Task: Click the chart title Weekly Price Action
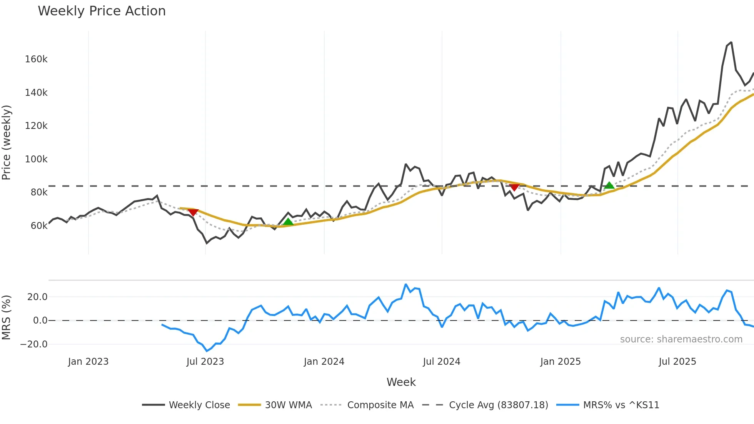[x=102, y=11]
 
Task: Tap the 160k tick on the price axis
[x=36, y=59]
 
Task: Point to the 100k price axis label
[x=36, y=159]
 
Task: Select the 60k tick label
[x=39, y=226]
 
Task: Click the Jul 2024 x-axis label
[x=441, y=362]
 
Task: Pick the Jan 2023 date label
[x=88, y=362]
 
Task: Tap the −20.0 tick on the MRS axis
[x=34, y=344]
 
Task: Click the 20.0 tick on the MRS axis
[x=37, y=297]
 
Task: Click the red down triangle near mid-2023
[x=193, y=212]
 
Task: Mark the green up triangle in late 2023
[x=288, y=222]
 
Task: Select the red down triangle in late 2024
[x=514, y=187]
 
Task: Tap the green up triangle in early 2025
[x=609, y=185]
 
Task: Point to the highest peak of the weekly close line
[x=731, y=42]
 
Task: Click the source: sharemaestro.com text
[x=681, y=339]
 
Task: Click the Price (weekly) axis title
[x=6, y=142]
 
